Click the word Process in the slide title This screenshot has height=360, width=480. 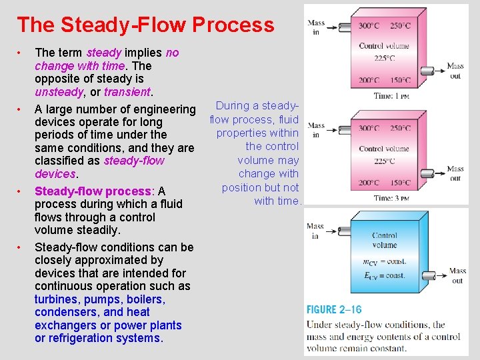[x=233, y=25]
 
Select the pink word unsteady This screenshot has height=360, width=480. [x=58, y=92]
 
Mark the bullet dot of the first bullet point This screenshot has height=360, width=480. [x=21, y=53]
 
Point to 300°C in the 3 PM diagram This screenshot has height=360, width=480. [x=371, y=128]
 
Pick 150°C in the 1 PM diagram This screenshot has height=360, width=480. [x=401, y=81]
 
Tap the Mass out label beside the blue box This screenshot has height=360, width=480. [x=457, y=276]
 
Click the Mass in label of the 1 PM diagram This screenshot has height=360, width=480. [x=316, y=27]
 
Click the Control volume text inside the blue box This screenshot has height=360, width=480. [x=385, y=240]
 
